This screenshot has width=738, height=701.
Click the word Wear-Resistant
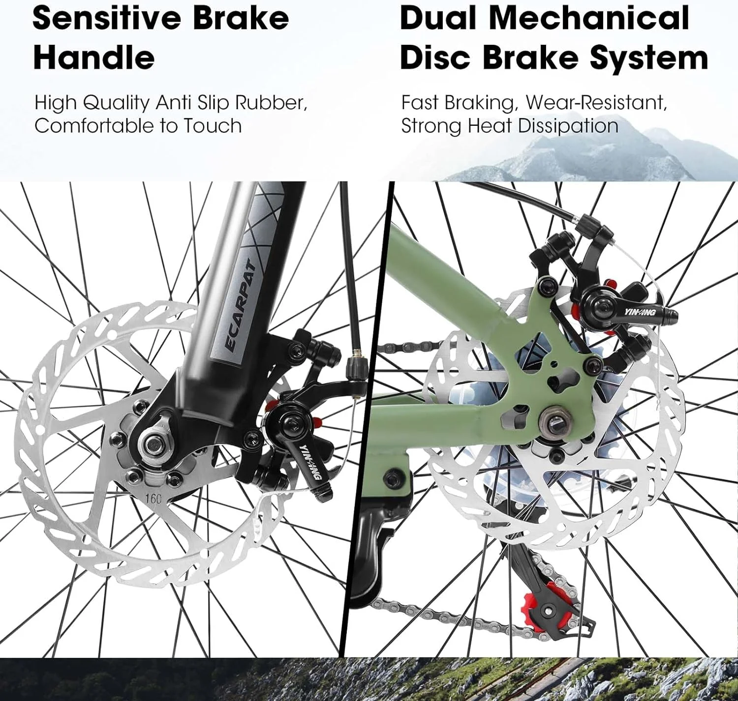tap(597, 103)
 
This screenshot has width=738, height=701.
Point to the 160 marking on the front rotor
tap(153, 499)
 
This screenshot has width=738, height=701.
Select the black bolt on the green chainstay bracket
tap(392, 479)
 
